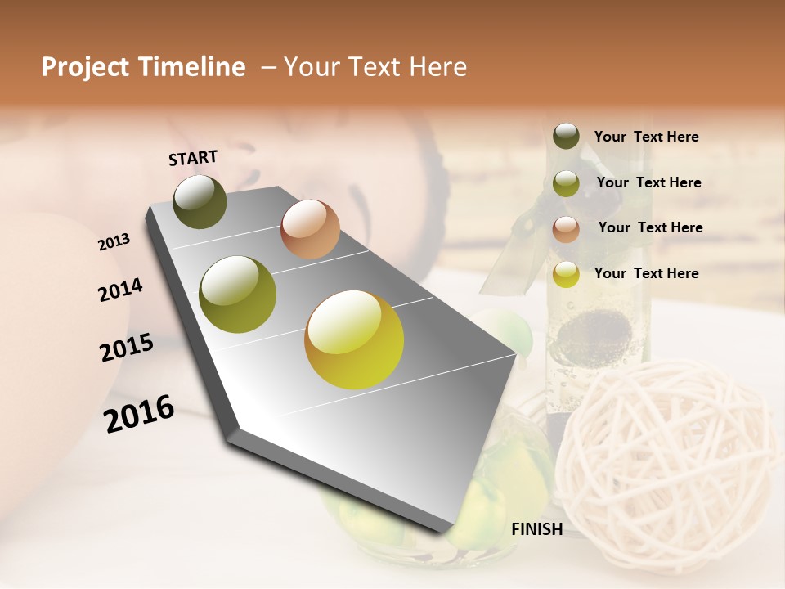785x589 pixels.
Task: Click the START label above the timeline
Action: (193, 158)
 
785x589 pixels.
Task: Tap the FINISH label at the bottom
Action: (536, 529)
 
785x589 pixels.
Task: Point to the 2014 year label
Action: (120, 290)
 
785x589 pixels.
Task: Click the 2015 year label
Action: (127, 348)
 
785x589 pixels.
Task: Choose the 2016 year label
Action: (139, 413)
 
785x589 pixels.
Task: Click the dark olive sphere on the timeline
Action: (200, 201)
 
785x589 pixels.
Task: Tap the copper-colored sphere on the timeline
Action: (310, 229)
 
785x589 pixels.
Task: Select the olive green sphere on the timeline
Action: (237, 294)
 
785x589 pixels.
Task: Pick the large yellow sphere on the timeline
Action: (354, 339)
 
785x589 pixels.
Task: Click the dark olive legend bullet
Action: (566, 136)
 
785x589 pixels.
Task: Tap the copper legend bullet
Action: (566, 228)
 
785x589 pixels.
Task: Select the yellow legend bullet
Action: (566, 274)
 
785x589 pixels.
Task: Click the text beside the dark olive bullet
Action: (646, 137)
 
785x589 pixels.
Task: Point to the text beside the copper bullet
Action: (650, 227)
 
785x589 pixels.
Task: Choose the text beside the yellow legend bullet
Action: (646, 273)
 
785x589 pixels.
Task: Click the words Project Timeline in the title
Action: (143, 67)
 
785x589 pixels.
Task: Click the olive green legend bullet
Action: (566, 182)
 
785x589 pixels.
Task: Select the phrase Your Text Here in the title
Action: (375, 67)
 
